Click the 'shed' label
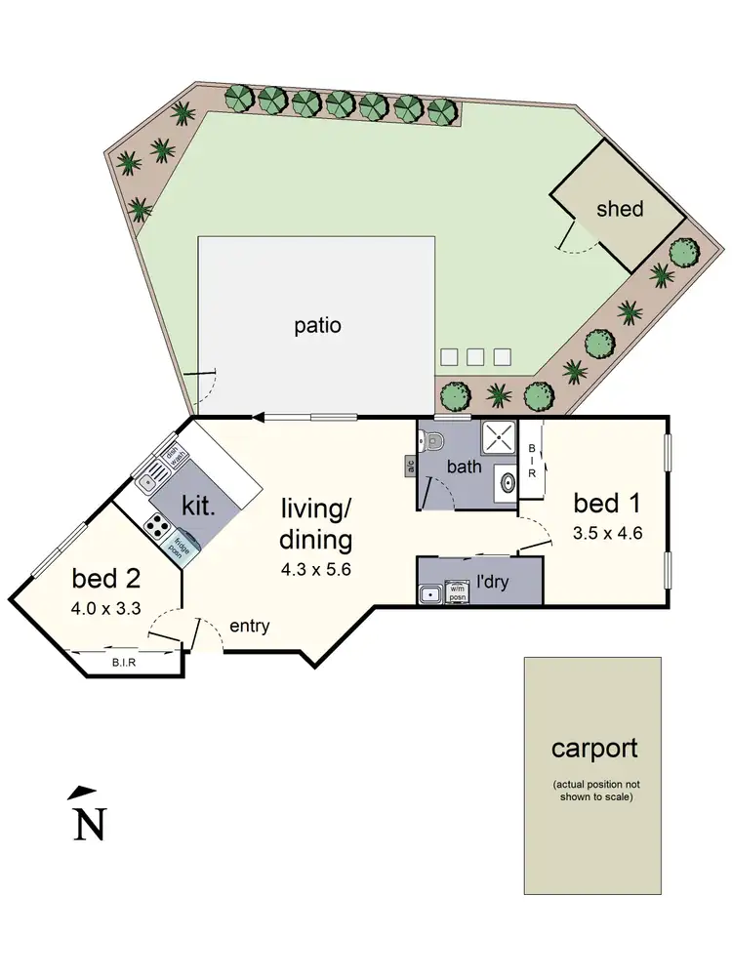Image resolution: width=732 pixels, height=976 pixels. (x=620, y=209)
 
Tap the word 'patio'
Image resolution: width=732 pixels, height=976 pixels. (x=318, y=326)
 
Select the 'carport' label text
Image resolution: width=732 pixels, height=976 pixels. (x=594, y=749)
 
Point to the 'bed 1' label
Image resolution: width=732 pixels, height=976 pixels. (x=606, y=504)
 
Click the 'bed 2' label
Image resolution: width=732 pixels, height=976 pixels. (x=106, y=578)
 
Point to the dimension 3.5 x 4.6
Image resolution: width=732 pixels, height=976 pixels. (x=606, y=533)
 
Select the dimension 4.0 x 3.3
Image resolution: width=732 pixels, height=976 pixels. (x=106, y=606)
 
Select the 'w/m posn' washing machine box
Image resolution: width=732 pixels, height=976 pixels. (x=457, y=590)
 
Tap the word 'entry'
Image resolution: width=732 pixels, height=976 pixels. (x=249, y=626)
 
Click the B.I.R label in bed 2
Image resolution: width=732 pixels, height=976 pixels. (x=123, y=662)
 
